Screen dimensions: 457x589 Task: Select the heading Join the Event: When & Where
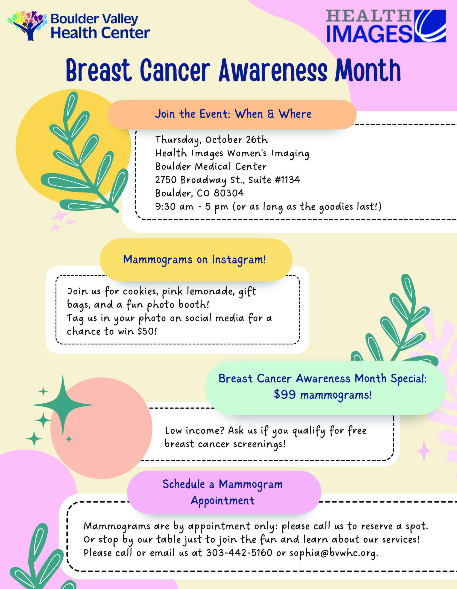(x=233, y=114)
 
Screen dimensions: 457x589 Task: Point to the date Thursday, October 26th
(x=211, y=140)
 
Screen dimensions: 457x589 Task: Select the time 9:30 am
(x=174, y=207)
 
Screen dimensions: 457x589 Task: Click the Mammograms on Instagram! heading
(x=195, y=260)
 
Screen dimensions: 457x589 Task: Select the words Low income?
(x=195, y=431)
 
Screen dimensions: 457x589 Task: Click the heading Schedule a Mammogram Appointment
(x=223, y=492)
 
